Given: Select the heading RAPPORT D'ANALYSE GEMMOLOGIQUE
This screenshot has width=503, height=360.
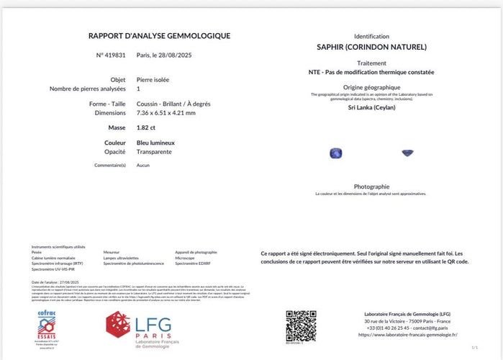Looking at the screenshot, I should pyautogui.click(x=159, y=35).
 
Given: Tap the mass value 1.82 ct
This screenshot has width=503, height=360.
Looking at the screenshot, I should pyautogui.click(x=147, y=127).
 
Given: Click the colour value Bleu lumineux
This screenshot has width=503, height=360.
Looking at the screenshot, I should pyautogui.click(x=155, y=143).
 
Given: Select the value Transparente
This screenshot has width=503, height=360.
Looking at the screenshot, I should pyautogui.click(x=155, y=153).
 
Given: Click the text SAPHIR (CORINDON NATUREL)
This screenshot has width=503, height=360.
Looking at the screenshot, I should pyautogui.click(x=371, y=47).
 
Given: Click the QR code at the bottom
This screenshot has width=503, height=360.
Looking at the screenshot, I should pyautogui.click(x=301, y=325).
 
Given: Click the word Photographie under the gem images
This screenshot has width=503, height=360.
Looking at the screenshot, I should pyautogui.click(x=371, y=186).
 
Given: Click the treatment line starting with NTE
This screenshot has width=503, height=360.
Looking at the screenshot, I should pyautogui.click(x=371, y=72).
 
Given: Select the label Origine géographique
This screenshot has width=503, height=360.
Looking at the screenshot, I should pyautogui.click(x=371, y=87).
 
